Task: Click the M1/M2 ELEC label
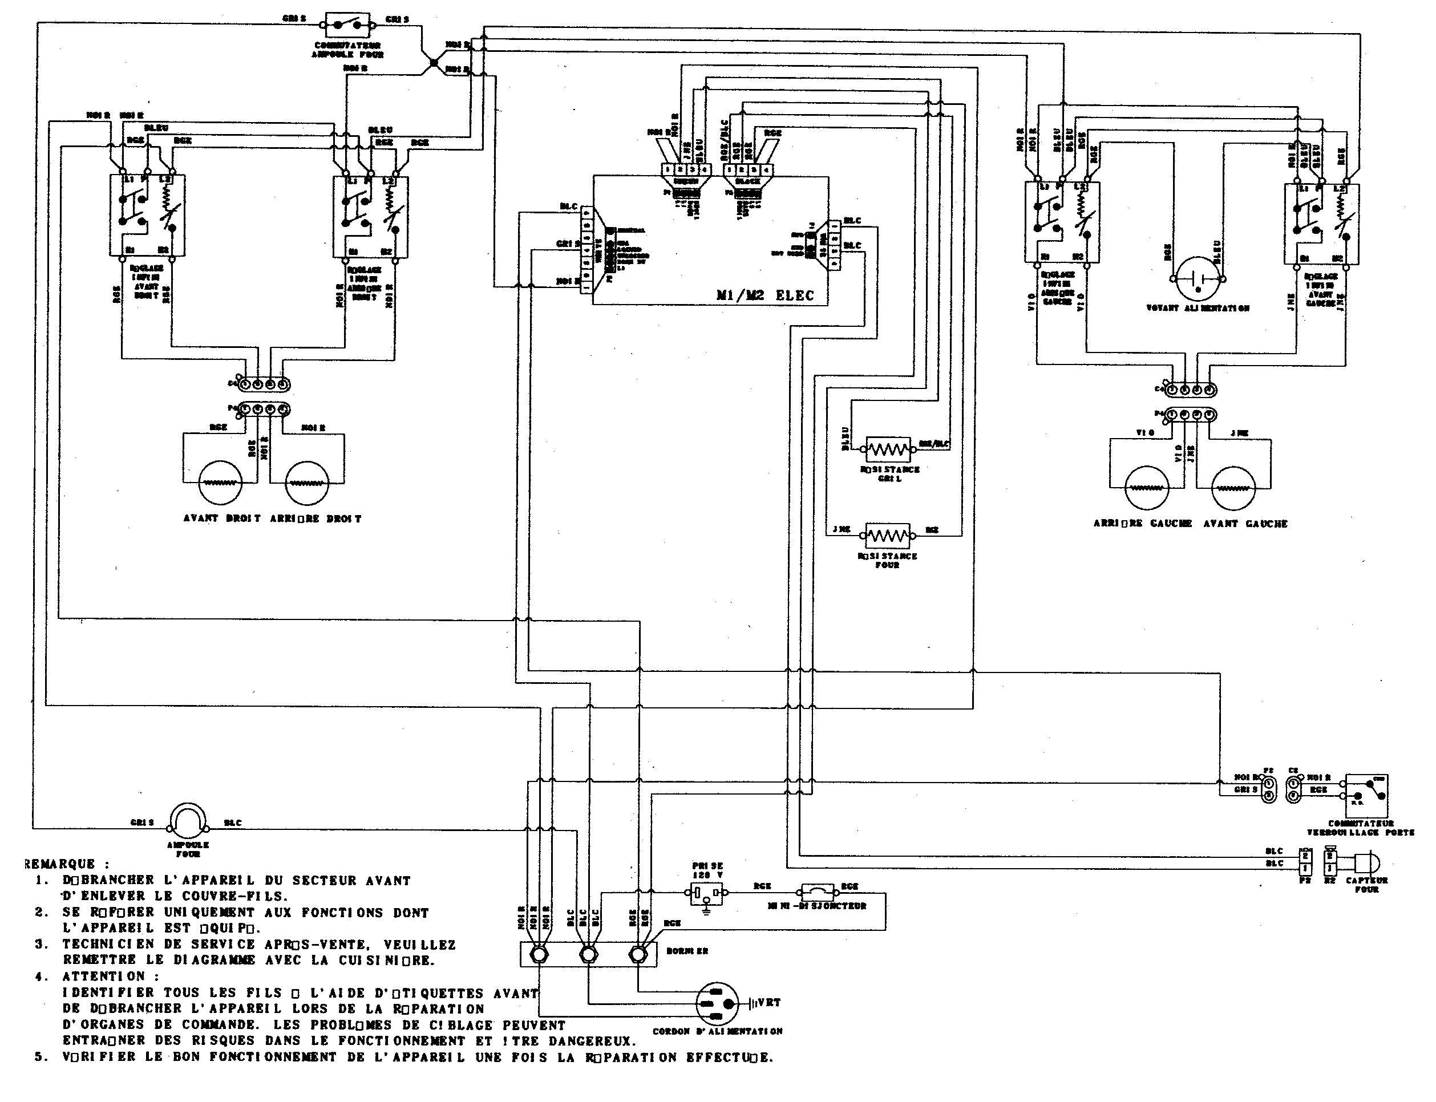[765, 295]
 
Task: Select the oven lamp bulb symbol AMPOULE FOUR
[188, 820]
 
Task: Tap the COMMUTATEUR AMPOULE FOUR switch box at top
[347, 25]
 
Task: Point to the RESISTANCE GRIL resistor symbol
[888, 449]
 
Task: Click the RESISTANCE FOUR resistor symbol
[888, 536]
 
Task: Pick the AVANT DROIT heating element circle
[220, 482]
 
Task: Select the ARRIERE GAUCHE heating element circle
[1147, 487]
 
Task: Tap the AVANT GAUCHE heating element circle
[1233, 487]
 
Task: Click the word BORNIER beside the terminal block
[687, 950]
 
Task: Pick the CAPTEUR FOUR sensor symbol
[1366, 862]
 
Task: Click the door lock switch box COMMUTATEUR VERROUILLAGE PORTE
[1366, 796]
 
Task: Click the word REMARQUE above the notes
[59, 864]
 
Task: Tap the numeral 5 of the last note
[41, 1057]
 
